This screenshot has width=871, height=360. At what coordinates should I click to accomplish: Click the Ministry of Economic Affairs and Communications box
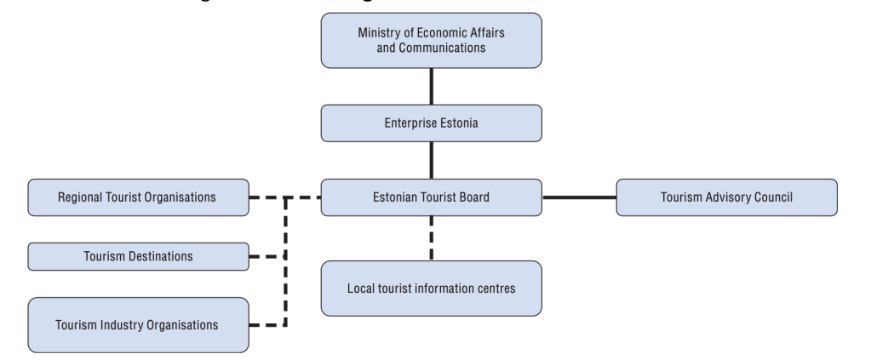coord(431,41)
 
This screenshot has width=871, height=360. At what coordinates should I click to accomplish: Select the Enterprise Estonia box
coord(431,123)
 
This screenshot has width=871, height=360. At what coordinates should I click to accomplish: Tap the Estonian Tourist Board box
coord(431,197)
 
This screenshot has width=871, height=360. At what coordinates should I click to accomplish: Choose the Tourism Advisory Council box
coord(726,197)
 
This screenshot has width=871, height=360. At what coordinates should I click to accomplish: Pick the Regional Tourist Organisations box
coord(139,197)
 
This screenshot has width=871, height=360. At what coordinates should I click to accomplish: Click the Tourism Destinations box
coord(139,256)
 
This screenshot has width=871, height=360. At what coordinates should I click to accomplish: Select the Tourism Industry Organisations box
coord(139,324)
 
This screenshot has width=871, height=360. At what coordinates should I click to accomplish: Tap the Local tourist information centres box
coord(431,288)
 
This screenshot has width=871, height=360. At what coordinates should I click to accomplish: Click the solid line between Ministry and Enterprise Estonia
coord(432,86)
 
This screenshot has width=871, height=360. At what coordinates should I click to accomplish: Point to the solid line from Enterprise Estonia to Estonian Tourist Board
coord(432,160)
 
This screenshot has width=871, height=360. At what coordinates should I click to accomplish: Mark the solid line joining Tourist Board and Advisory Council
coord(579,197)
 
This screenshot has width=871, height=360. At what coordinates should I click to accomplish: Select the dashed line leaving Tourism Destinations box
coord(266,256)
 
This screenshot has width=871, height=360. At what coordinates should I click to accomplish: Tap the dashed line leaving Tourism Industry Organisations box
coord(266,324)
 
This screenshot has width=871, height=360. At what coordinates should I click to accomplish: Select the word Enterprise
coord(410,123)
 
